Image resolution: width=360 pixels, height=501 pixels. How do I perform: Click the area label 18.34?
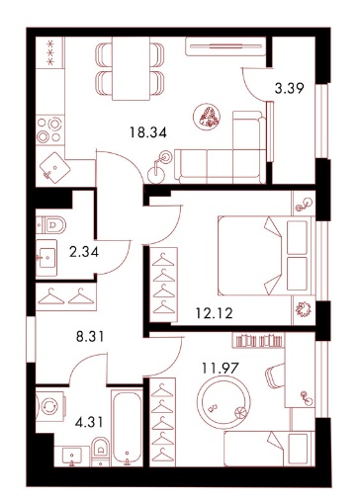click(x=148, y=132)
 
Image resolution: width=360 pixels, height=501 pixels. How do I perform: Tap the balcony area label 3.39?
click(x=289, y=88)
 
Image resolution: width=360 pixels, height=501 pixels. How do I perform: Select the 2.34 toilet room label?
click(x=84, y=252)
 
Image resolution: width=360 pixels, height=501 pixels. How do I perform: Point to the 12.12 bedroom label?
click(x=215, y=313)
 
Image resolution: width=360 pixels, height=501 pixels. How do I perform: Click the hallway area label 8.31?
click(x=90, y=337)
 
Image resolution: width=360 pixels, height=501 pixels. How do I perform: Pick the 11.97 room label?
click(x=221, y=368)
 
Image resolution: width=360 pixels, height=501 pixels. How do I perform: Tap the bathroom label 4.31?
click(x=89, y=422)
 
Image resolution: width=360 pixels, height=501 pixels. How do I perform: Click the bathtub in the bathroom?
click(x=128, y=428)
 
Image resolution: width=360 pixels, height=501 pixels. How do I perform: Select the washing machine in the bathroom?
click(x=50, y=406)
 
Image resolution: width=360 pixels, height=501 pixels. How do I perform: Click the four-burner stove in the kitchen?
click(x=50, y=129)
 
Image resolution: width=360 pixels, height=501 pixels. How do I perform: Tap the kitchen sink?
click(x=54, y=168)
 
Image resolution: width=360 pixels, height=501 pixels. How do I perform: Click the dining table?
click(x=131, y=68)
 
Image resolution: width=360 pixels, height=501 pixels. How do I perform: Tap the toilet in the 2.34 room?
click(x=51, y=225)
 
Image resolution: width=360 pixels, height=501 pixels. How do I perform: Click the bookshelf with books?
click(x=259, y=340)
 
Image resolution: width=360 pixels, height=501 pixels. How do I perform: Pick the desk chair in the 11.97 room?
click(x=275, y=376)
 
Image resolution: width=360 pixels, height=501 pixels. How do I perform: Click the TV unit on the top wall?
click(x=225, y=46)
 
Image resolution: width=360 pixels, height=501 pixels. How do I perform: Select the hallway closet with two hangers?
click(x=66, y=296)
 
